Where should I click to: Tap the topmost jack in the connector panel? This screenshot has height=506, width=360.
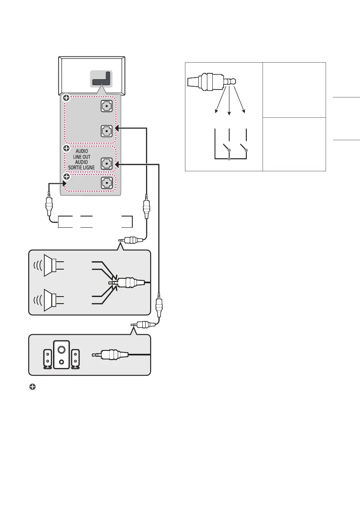(x=107, y=106)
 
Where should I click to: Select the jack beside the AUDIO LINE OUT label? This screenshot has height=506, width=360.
(x=107, y=163)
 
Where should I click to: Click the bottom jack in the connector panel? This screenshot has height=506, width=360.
(x=107, y=183)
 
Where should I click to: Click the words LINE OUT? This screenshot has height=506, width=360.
(x=82, y=157)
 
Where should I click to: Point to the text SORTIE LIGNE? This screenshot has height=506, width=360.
(x=82, y=168)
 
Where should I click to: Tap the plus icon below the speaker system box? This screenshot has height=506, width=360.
(x=32, y=387)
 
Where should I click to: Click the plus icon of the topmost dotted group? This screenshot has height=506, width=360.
(x=66, y=98)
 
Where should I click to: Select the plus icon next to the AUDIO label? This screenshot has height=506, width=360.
(x=66, y=148)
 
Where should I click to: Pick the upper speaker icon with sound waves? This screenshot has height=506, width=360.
(x=49, y=265)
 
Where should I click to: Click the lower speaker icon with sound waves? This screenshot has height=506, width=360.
(x=49, y=300)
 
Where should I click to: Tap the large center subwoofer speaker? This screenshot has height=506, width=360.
(x=61, y=355)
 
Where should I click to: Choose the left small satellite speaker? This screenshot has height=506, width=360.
(x=47, y=359)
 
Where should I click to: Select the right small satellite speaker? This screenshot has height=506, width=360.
(x=75, y=359)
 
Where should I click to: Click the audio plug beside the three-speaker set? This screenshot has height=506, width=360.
(x=110, y=355)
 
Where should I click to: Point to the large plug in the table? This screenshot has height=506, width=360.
(x=212, y=82)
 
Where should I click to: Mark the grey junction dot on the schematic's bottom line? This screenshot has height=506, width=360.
(x=229, y=159)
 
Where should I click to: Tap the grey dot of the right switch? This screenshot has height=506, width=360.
(x=246, y=150)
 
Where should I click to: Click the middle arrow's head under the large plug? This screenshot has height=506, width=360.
(x=229, y=113)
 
